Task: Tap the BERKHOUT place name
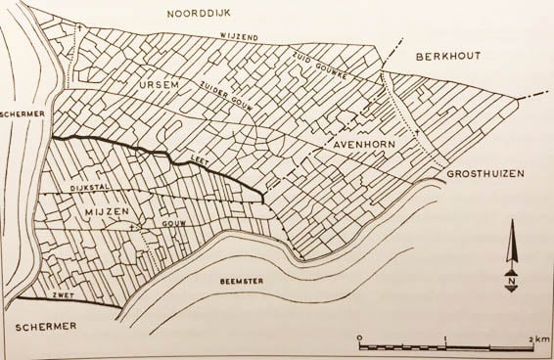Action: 445,57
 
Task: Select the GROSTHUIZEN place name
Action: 485,174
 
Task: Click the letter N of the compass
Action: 512,285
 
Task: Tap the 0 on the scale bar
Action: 359,337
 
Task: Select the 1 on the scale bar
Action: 444,337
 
